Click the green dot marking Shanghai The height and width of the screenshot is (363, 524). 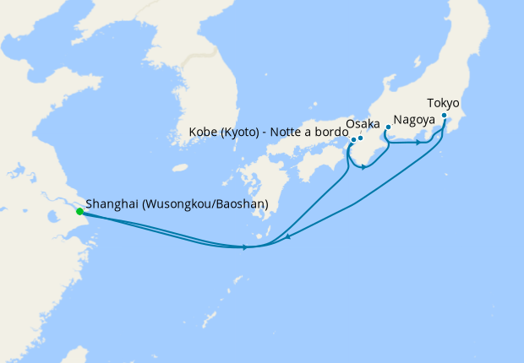[79, 211]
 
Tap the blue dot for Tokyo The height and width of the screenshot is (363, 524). [445, 116]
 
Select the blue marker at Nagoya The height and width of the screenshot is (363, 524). [388, 127]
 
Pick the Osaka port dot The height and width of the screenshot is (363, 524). [360, 138]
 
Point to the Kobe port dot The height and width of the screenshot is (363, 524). [352, 140]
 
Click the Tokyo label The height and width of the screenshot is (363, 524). [443, 103]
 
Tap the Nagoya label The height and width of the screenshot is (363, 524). [414, 120]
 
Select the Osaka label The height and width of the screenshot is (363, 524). [363, 124]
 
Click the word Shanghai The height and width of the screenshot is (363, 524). [112, 204]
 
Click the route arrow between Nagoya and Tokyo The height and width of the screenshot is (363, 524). [418, 142]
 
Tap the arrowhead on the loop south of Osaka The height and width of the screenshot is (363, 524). [363, 166]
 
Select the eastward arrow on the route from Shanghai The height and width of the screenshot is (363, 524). [245, 247]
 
